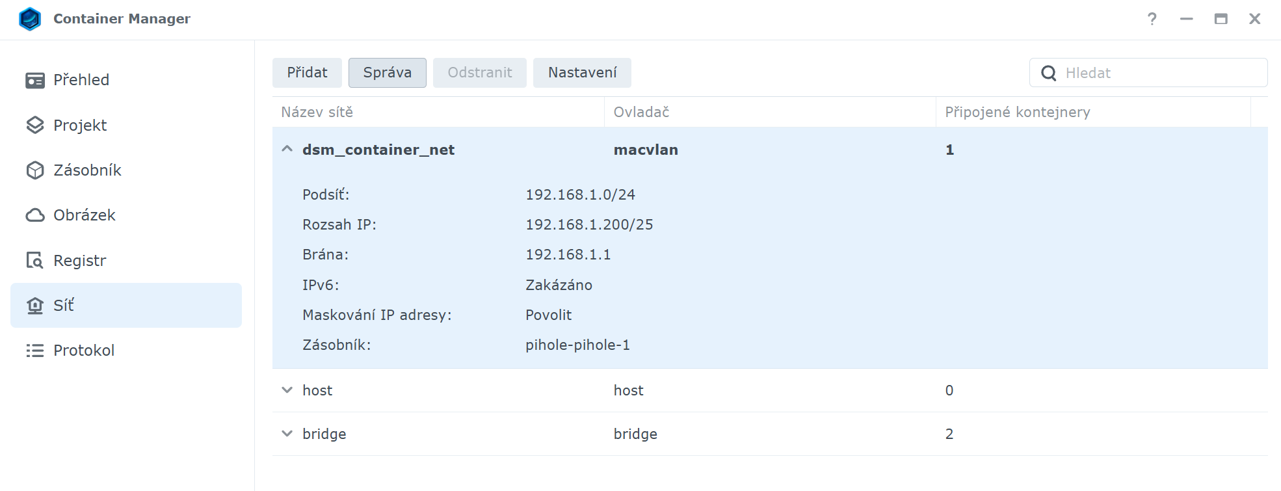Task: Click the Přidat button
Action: (307, 72)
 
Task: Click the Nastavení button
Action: (582, 72)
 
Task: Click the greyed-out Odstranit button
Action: (480, 72)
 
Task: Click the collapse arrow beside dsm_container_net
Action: (287, 149)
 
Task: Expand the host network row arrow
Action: (287, 390)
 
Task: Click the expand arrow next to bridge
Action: (287, 434)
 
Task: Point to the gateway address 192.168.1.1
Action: (568, 254)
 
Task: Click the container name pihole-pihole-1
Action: (577, 345)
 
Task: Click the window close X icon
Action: (1255, 19)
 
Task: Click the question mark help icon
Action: (1152, 19)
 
